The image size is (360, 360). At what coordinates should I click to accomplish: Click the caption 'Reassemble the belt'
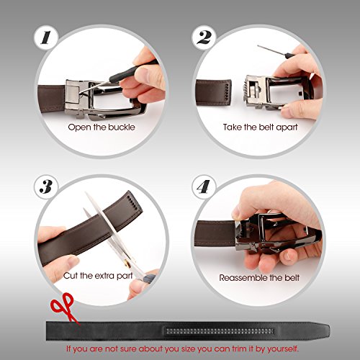[x=259, y=276]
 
